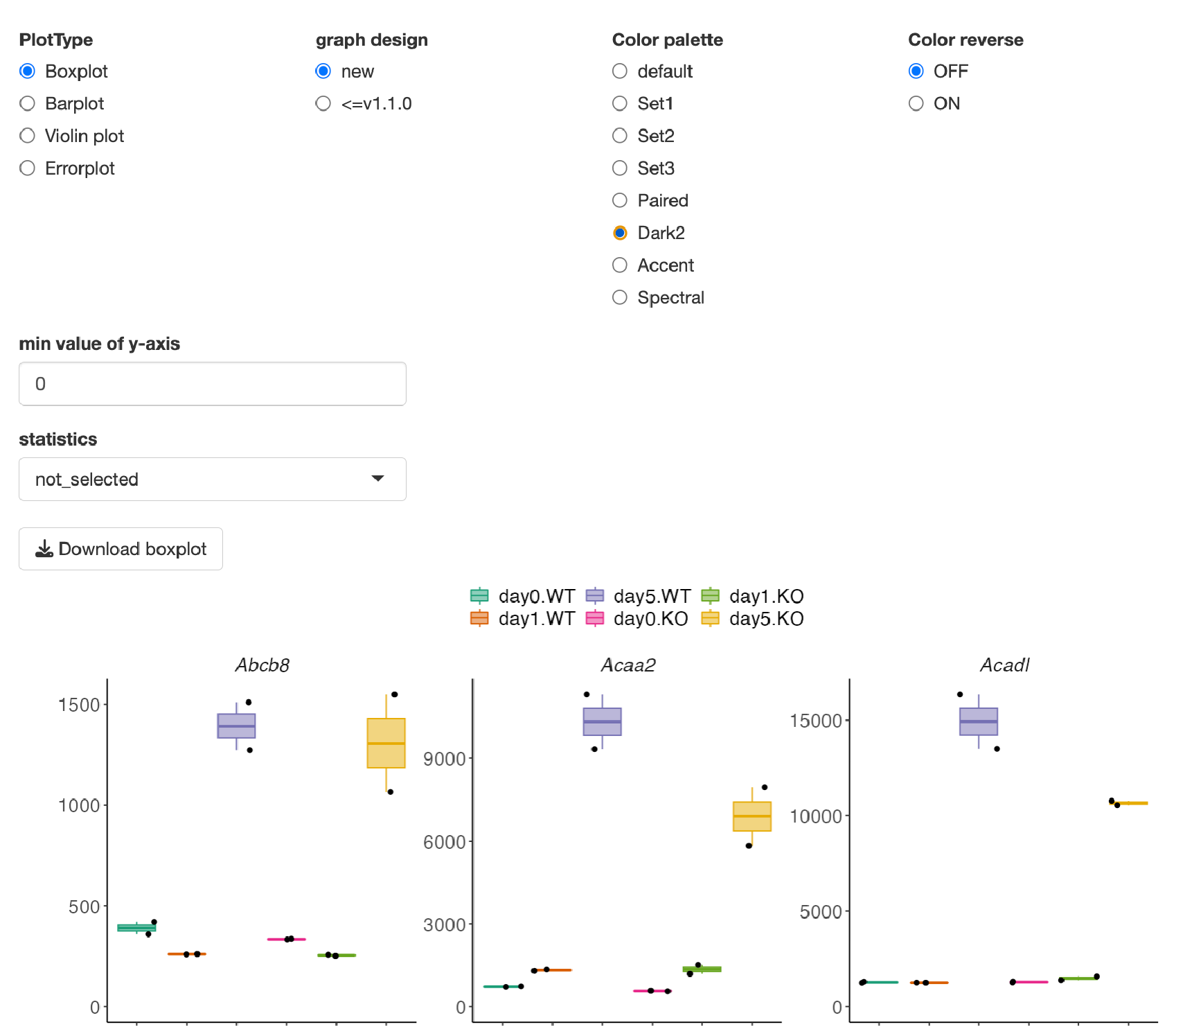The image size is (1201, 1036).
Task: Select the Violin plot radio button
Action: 28,136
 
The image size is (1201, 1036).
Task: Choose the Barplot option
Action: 28,103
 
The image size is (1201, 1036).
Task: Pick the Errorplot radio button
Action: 28,168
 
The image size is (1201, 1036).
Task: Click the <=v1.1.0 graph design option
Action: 323,103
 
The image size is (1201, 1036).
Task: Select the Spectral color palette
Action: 620,297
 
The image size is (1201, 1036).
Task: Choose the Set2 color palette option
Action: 620,136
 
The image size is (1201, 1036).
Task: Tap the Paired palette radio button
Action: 620,200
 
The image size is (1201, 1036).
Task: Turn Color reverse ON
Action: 916,103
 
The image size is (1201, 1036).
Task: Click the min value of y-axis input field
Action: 213,384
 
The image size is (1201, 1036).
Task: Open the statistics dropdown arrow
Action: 377,478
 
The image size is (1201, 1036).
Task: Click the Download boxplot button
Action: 121,549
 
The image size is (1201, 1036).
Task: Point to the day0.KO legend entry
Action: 637,619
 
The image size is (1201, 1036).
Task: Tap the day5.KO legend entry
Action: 753,619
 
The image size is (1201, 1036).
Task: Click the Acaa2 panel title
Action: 628,665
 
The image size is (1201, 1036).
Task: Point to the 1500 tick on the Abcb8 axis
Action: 80,705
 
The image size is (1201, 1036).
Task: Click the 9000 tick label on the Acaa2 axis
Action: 445,759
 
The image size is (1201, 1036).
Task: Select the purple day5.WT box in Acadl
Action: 979,721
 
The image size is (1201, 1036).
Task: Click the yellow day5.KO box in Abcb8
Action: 386,743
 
